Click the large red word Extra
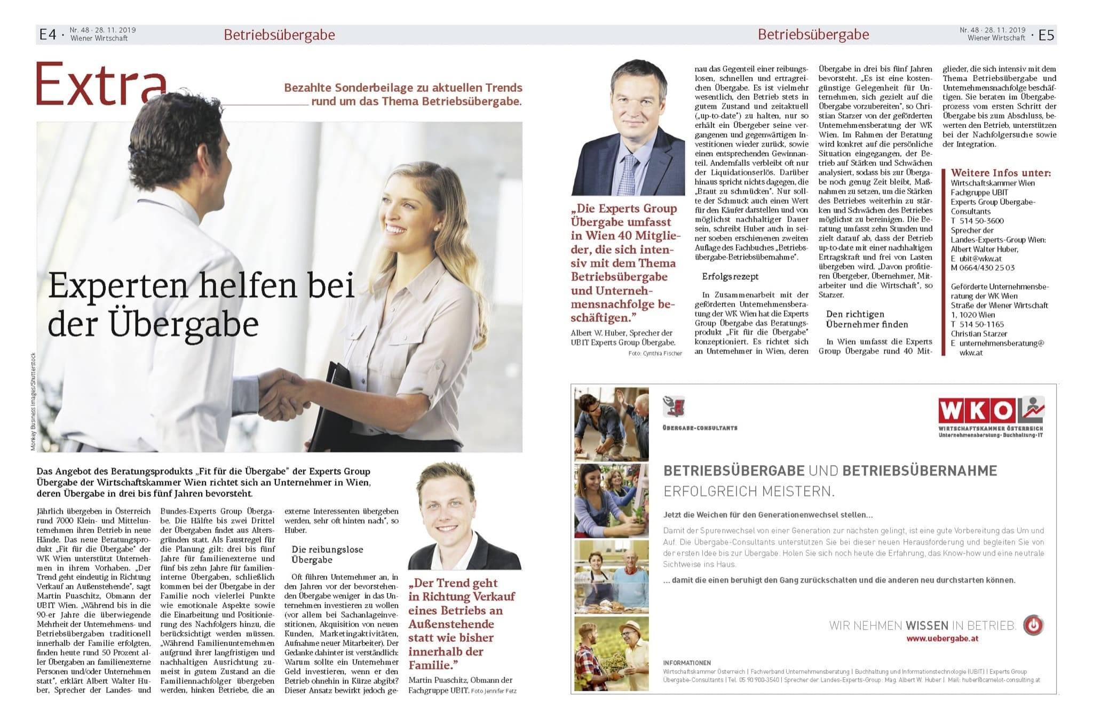[x=101, y=85]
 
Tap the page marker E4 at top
[x=47, y=35]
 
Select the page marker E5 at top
[x=1047, y=35]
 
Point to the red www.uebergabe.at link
[x=942, y=638]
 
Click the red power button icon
[x=1033, y=625]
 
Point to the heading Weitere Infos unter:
[x=1001, y=173]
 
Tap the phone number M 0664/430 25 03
[x=983, y=268]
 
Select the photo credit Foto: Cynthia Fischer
[x=655, y=353]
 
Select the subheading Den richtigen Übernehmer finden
[x=867, y=319]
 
